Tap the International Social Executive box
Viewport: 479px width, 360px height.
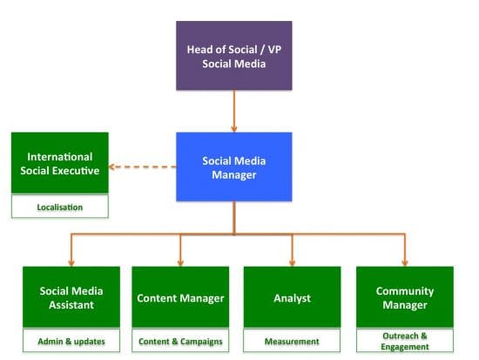click(x=59, y=163)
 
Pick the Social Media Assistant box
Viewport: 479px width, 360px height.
click(x=71, y=297)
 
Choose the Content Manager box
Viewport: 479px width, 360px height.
click(x=180, y=297)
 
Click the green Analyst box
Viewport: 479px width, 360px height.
click(x=292, y=297)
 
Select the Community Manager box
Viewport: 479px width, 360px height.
click(x=405, y=297)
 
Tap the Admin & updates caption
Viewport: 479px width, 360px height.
click(x=71, y=341)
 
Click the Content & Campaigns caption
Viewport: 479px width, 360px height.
click(x=180, y=341)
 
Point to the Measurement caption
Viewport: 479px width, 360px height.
click(x=292, y=341)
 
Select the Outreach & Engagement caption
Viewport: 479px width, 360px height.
click(x=405, y=341)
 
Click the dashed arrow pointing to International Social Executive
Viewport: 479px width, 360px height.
click(x=144, y=167)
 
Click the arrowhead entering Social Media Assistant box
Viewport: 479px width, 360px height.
click(x=71, y=261)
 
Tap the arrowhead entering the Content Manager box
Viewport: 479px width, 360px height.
click(x=180, y=261)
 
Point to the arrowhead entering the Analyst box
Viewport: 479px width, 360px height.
click(x=292, y=261)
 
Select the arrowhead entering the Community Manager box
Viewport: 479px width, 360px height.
click(x=405, y=261)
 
